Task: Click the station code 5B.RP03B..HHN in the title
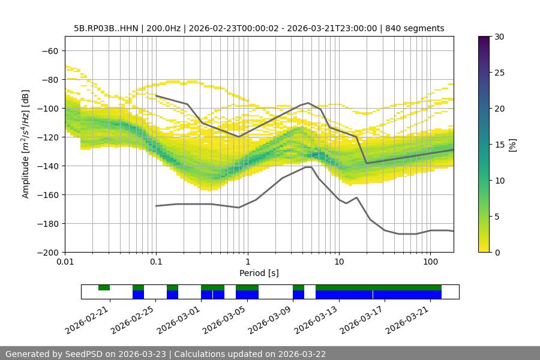click(107, 28)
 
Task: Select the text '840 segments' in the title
click(415, 28)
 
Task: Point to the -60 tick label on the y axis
click(50, 50)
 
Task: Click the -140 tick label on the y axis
click(48, 166)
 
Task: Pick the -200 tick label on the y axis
click(48, 252)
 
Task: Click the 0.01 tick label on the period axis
click(65, 262)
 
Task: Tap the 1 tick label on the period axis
click(247, 262)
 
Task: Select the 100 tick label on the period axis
click(430, 262)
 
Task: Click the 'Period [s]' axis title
click(259, 273)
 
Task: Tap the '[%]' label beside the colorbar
click(512, 145)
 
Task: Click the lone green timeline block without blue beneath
click(104, 287)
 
